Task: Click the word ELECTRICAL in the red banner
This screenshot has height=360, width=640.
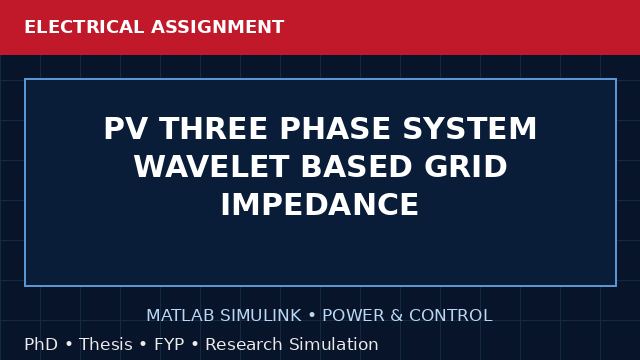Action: tap(84, 27)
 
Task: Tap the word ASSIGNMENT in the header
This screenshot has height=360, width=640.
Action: tap(218, 27)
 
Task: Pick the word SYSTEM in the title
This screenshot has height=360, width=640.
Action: tap(469, 129)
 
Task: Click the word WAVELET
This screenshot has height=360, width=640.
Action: tap(212, 167)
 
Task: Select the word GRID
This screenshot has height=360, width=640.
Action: tap(465, 167)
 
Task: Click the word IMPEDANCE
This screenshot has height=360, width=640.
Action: tap(320, 204)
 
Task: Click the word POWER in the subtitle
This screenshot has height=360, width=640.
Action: tap(353, 316)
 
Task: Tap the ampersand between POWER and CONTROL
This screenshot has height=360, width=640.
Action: tap(396, 316)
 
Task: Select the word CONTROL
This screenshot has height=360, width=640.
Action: tap(451, 316)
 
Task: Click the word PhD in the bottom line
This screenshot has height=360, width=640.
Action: tap(41, 344)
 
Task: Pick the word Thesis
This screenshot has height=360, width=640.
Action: tap(106, 344)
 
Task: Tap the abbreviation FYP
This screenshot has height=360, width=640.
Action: tap(169, 344)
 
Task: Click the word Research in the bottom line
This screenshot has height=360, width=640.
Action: tap(244, 344)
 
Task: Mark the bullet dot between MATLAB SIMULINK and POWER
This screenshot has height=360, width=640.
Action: tap(312, 316)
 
